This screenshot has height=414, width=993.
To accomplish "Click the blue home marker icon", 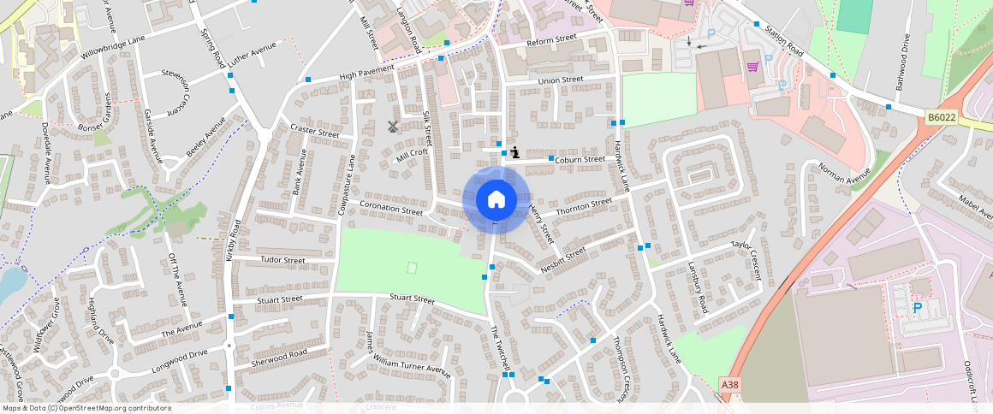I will [496, 200].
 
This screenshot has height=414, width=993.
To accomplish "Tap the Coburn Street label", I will [580, 159].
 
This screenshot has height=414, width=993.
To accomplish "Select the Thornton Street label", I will [584, 206].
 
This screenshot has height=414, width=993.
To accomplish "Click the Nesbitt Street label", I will [563, 261].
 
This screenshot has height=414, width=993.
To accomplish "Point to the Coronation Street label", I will [391, 208].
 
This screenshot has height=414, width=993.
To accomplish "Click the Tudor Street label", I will [282, 260].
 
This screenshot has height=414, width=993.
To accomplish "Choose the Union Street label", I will [561, 80].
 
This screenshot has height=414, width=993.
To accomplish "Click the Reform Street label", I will [551, 39].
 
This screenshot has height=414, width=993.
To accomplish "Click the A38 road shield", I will [729, 386].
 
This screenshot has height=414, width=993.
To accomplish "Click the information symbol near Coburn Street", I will [514, 152].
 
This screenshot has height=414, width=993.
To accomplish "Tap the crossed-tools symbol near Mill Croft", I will [393, 127].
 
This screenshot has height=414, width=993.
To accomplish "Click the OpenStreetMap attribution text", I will [86, 408].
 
